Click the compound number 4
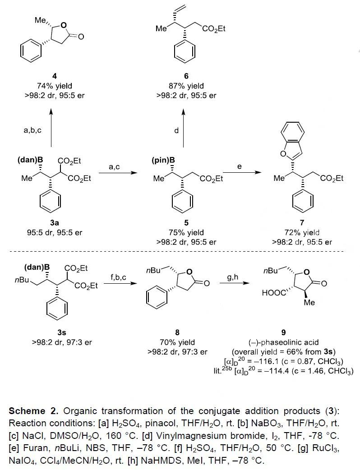(55, 76)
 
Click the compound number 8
(178, 333)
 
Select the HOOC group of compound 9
(275, 293)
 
